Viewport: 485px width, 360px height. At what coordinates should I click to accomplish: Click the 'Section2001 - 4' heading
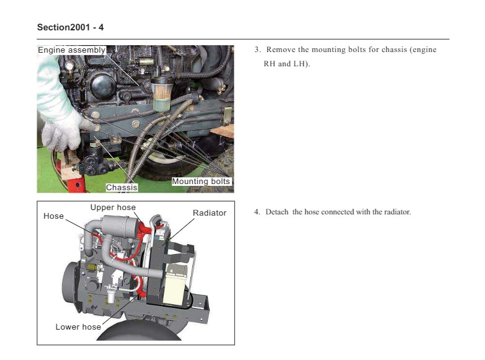(70, 27)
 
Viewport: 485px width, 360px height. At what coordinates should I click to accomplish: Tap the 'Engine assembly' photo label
(71, 50)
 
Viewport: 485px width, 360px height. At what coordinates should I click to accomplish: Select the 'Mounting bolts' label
(201, 182)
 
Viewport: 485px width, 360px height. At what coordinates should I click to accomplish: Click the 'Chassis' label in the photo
(122, 188)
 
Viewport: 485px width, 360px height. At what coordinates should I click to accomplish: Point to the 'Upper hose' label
(113, 208)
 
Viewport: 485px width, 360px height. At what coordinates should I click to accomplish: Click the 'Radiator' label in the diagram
(210, 213)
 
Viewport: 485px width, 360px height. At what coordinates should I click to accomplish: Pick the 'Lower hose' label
(78, 327)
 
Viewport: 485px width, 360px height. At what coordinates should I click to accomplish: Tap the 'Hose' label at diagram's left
(53, 216)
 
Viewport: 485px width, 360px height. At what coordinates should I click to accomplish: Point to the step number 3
(257, 50)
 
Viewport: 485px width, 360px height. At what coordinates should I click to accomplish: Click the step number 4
(257, 212)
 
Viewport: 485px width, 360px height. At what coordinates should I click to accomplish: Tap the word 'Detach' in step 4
(277, 212)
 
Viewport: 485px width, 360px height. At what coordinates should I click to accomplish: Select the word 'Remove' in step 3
(280, 50)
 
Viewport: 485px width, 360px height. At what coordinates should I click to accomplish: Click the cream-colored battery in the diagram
(176, 284)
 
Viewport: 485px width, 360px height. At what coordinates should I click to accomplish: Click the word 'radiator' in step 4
(397, 212)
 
